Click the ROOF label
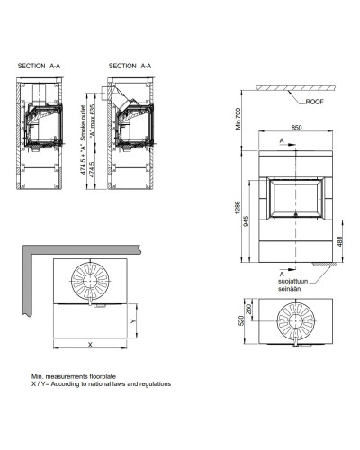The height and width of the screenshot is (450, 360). (314, 102)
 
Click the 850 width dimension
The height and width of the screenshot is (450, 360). (296, 128)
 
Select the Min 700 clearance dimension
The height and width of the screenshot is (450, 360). (238, 119)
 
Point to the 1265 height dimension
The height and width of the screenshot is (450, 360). (238, 207)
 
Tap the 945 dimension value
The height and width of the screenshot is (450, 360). (247, 220)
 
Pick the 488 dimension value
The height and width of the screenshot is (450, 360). (340, 241)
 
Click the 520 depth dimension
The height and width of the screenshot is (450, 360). (242, 320)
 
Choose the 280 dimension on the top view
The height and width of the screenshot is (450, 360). (249, 309)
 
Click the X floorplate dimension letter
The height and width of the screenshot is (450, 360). (90, 345)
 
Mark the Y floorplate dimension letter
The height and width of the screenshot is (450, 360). (133, 321)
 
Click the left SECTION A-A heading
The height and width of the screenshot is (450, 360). (39, 66)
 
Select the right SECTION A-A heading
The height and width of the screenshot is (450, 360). (130, 66)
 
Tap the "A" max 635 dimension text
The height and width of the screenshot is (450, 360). (93, 120)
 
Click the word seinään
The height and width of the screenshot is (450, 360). (289, 289)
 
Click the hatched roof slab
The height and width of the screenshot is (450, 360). (295, 88)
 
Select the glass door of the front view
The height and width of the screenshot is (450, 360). (296, 198)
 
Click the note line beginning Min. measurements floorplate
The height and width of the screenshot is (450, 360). (74, 376)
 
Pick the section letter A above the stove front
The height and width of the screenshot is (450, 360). (282, 140)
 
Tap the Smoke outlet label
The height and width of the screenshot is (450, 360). (84, 122)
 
